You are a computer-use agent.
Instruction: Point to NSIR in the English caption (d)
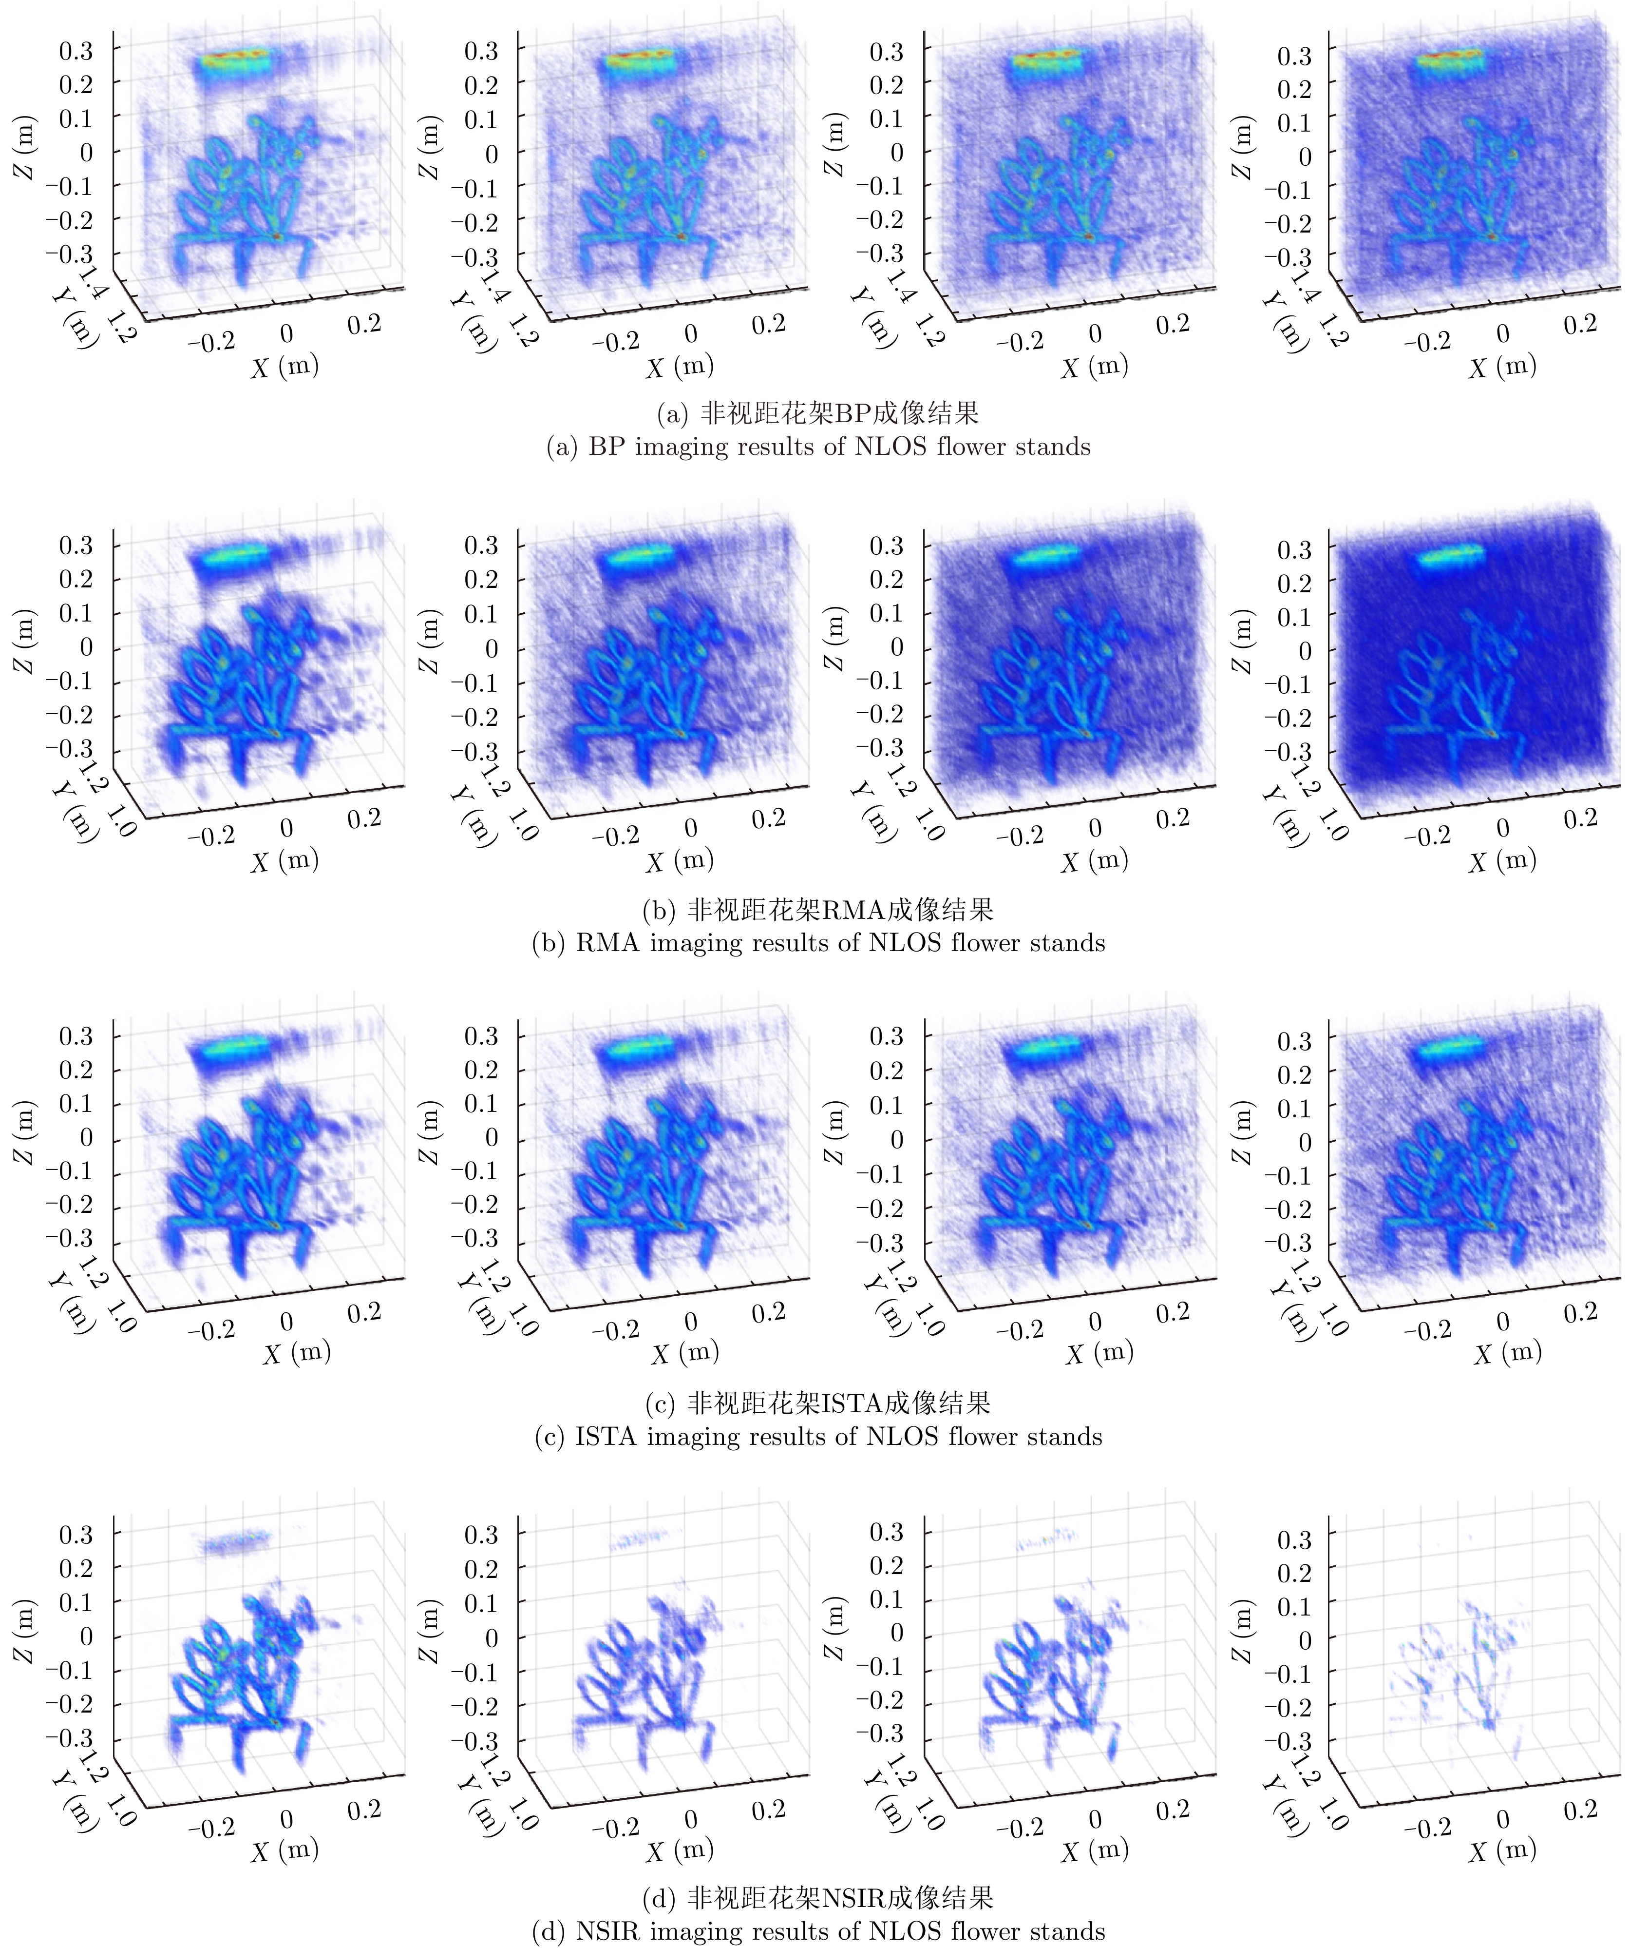[611, 1931]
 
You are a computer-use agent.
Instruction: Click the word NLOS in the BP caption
[890, 447]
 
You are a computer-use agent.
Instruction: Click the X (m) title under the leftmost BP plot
[284, 367]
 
